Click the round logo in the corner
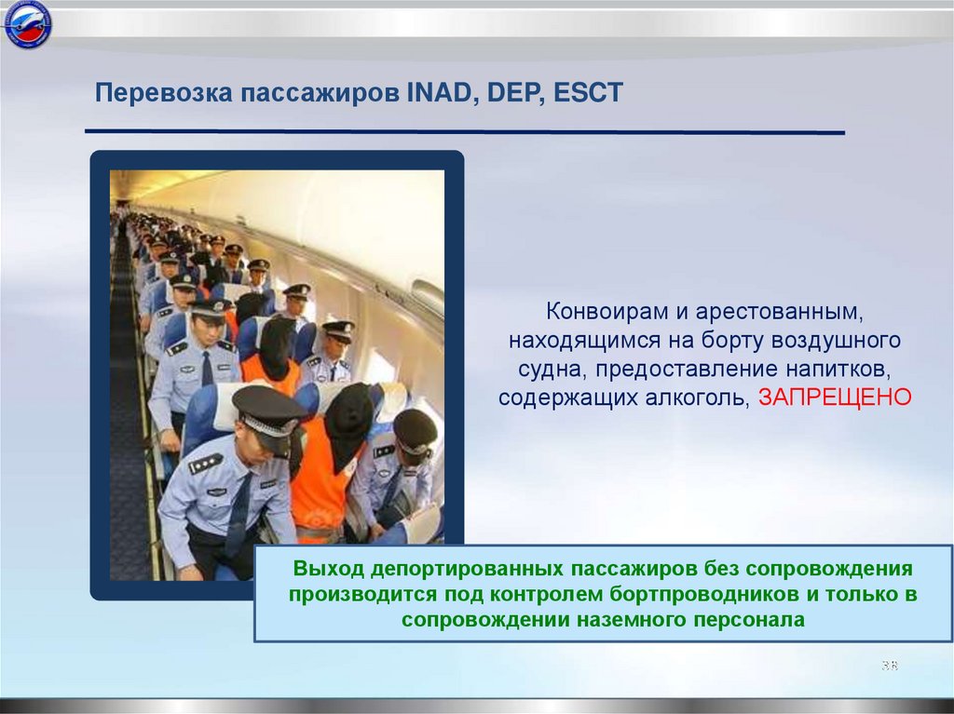coord(27,24)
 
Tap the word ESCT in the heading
coord(589,93)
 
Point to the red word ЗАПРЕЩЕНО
coord(835,397)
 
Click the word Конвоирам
coord(617,312)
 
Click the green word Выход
coord(329,568)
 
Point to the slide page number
coord(890,665)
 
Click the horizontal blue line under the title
coord(465,131)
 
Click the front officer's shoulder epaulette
coord(205,464)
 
